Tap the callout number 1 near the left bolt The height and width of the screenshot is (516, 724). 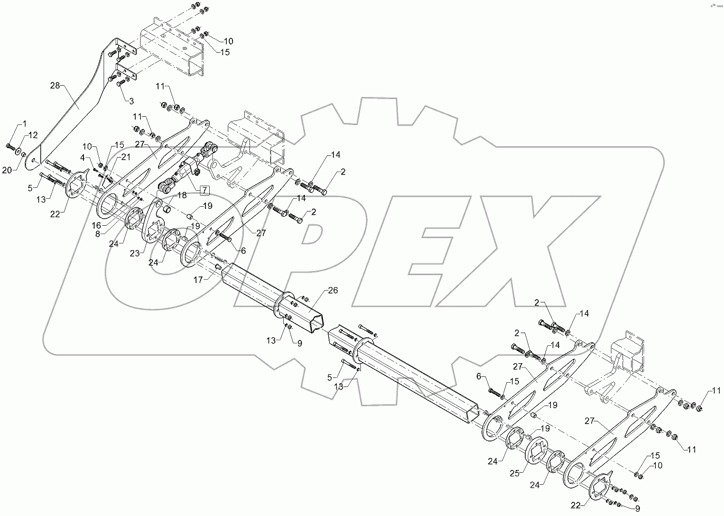(24, 124)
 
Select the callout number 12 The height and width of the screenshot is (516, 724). (33, 134)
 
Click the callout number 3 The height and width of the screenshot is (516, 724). (131, 100)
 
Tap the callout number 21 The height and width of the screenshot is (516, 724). (126, 156)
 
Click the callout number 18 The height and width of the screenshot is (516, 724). (182, 196)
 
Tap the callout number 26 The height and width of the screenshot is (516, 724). (332, 290)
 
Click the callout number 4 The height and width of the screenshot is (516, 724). (83, 157)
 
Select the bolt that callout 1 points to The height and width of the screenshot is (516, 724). (11, 146)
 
